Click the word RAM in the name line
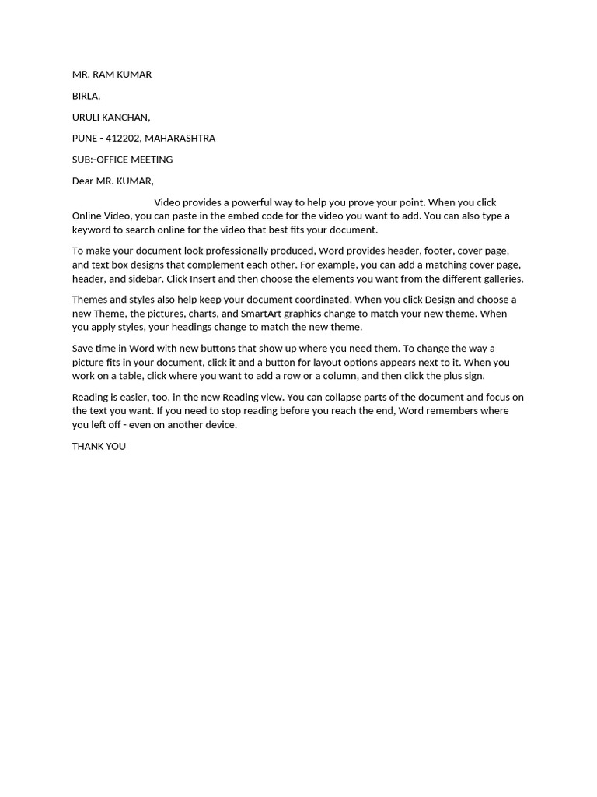point(103,75)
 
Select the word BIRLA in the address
point(86,96)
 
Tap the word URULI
point(87,117)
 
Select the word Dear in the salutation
point(82,181)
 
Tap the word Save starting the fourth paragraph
point(84,348)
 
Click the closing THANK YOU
point(99,447)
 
